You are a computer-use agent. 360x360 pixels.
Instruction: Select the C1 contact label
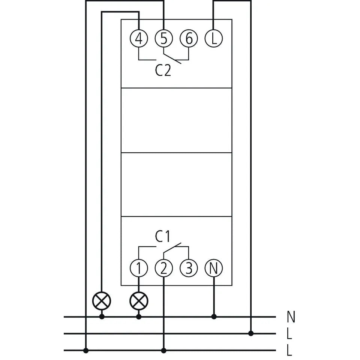click(162, 237)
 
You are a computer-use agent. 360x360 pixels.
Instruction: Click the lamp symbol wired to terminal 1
click(139, 301)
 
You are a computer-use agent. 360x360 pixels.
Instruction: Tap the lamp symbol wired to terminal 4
click(102, 301)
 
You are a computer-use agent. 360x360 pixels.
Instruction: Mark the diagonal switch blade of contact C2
click(172, 59)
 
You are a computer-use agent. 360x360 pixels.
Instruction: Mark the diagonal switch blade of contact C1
click(172, 248)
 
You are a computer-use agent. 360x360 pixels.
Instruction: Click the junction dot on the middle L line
click(251, 333)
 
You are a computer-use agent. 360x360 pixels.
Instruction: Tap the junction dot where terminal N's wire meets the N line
click(214, 317)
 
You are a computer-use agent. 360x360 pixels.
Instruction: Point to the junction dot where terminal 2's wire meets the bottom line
click(164, 351)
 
